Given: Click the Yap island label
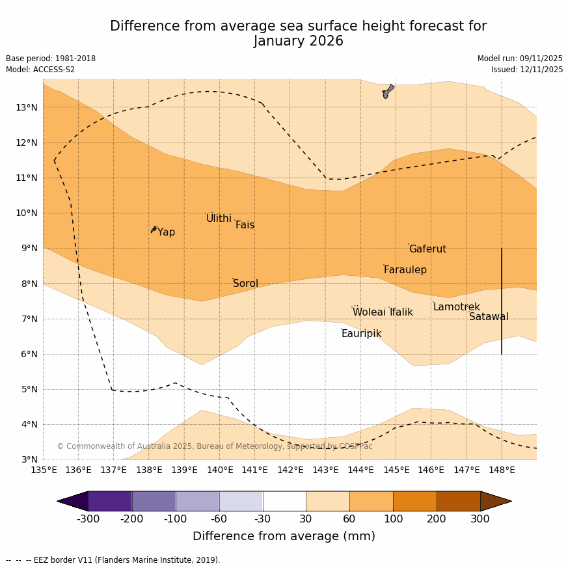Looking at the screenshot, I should coord(166,232).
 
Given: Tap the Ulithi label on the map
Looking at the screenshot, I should coord(219,219).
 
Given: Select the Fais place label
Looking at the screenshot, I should coord(245,225).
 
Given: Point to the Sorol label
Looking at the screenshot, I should coord(245,284).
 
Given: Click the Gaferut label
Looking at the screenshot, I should coord(427,249).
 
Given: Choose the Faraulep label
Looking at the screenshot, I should coord(405,270).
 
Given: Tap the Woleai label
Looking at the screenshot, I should coord(369,312).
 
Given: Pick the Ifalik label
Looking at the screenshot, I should coord(401,312).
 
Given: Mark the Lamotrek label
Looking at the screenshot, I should coord(456,307).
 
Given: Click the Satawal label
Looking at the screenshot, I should coord(489,317).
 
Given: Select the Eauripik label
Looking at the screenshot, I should coord(361,334).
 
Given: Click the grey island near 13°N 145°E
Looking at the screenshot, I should coord(388,91).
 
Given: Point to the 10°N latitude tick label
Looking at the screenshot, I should coord(26,213).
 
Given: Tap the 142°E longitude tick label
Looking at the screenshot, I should coord(290,470).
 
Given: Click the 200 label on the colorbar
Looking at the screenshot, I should coord(437,519).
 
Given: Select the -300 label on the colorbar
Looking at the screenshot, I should coord(88,519).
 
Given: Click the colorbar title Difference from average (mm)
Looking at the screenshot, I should coord(284,536).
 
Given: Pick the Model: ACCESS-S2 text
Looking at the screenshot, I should coord(40,70).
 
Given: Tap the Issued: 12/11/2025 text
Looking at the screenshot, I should coord(527,70).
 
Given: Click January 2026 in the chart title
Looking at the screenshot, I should coord(298,41).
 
